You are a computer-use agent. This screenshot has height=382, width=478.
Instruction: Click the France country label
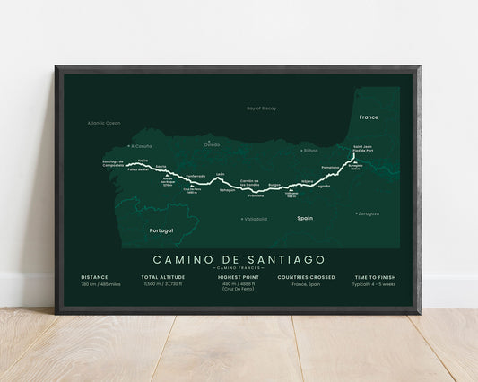coord(369,117)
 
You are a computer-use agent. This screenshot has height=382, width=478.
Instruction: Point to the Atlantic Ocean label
coord(104,122)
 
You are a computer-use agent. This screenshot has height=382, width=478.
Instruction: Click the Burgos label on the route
coord(274,184)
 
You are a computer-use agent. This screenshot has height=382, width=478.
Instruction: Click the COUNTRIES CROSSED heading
coord(306,277)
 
